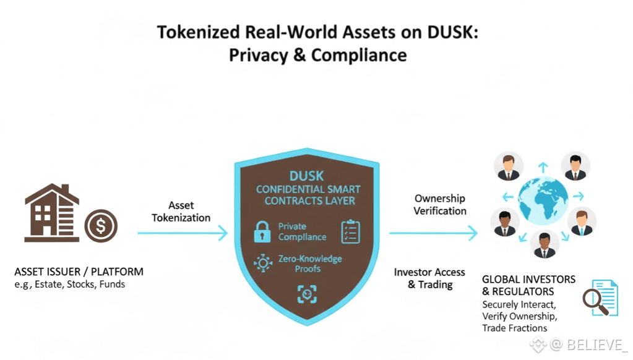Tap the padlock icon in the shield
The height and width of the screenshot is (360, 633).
point(262,231)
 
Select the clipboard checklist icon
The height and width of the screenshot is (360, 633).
point(350,231)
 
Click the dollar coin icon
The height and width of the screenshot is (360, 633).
point(101,226)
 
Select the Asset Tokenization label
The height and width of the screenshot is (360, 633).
point(181,212)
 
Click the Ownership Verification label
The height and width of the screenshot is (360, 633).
point(440,205)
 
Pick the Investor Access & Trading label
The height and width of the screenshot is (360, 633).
point(429,278)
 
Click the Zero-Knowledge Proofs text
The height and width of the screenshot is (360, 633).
point(310,264)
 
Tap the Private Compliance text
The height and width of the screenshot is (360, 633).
point(302,231)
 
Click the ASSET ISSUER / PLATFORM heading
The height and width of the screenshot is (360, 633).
point(79,272)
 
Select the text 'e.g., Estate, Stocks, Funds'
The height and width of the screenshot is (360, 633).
point(69,285)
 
